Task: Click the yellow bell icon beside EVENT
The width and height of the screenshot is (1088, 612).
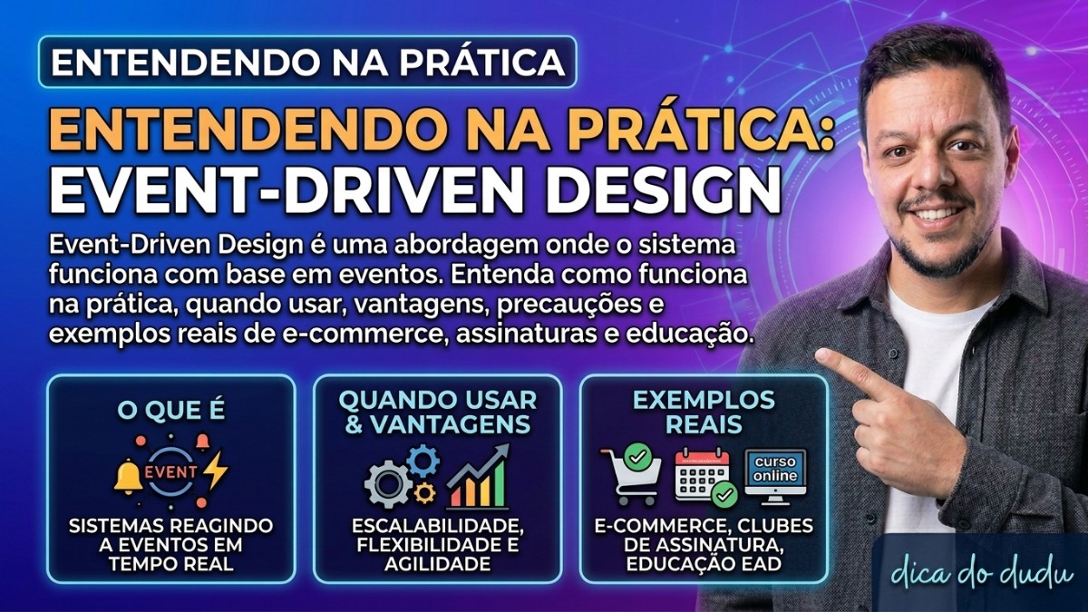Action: tap(128, 474)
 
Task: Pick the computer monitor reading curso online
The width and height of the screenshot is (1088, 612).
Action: tap(775, 474)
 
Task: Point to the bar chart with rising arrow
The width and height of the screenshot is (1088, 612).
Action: tap(478, 478)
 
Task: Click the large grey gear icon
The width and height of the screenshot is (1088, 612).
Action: tap(389, 483)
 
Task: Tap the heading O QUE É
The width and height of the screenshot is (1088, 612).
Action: tap(171, 411)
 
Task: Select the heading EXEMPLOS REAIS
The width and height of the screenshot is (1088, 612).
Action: tap(704, 412)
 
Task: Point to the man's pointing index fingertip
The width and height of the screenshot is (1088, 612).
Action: tap(823, 359)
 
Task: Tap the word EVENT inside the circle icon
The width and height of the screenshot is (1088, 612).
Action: tap(172, 471)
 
